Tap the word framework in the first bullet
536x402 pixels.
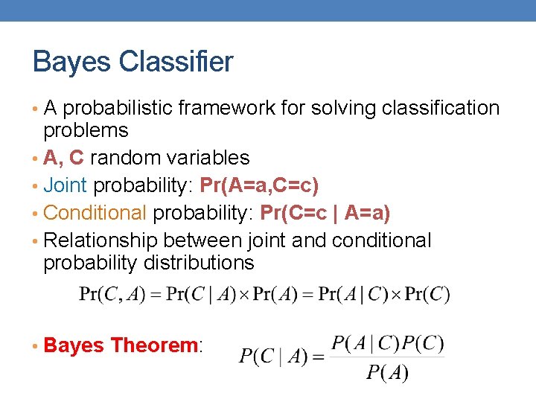pyautogui.click(x=227, y=109)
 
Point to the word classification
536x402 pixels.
pyautogui.click(x=440, y=109)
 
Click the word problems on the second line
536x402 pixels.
pyautogui.click(x=86, y=131)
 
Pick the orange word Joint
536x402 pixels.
pyautogui.click(x=66, y=185)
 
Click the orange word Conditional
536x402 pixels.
pyautogui.click(x=95, y=214)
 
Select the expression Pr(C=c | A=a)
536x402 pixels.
pyautogui.click(x=325, y=214)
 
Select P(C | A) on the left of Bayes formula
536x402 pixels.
pyautogui.click(x=272, y=357)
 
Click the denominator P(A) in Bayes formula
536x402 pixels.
pyautogui.click(x=387, y=372)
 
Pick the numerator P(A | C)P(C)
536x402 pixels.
pyautogui.click(x=387, y=343)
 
